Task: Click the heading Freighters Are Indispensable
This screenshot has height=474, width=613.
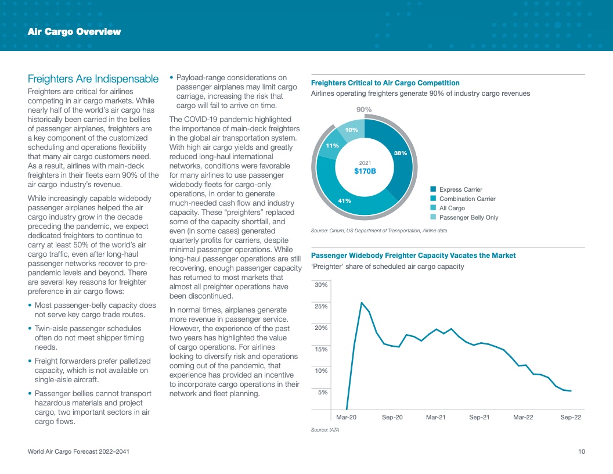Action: tap(93, 78)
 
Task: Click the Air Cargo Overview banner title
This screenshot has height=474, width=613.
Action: tap(74, 31)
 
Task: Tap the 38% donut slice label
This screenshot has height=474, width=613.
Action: tap(401, 153)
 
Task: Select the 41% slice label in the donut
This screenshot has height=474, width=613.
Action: tap(344, 200)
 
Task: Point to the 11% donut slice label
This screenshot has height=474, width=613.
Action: tap(332, 145)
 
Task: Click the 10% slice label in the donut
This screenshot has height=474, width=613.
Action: tap(352, 130)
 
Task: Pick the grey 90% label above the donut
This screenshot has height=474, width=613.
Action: tap(364, 110)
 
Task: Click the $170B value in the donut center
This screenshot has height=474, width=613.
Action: tap(365, 171)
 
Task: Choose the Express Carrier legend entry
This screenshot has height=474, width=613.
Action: tap(460, 189)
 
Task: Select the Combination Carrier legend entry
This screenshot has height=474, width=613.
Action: tap(467, 199)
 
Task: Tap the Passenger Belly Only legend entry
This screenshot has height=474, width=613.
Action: tap(468, 217)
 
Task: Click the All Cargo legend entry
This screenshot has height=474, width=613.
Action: tap(452, 208)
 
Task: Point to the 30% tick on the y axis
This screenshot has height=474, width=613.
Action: tap(321, 285)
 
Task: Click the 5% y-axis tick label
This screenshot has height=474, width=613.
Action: tap(323, 392)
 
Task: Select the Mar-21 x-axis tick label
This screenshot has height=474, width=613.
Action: tap(436, 417)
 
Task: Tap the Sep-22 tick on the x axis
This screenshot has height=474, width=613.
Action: tap(571, 417)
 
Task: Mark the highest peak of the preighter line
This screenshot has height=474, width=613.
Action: tap(362, 303)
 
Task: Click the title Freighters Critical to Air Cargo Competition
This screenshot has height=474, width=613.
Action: tap(385, 83)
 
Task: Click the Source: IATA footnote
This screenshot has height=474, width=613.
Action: tap(325, 430)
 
